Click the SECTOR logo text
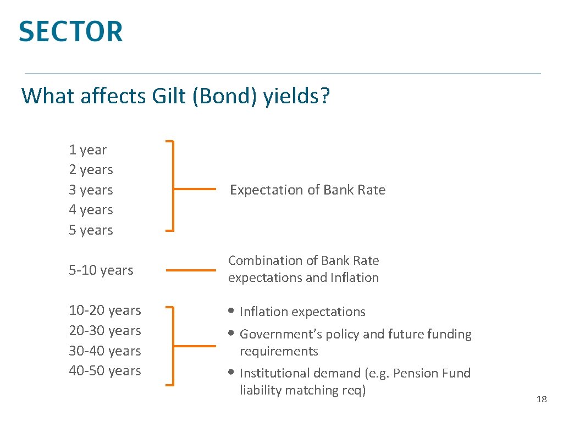(x=70, y=31)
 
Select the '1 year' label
(x=88, y=150)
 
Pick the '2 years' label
(x=91, y=170)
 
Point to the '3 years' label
(x=91, y=190)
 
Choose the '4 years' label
(x=91, y=210)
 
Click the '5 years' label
(x=91, y=230)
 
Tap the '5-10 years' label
(x=101, y=270)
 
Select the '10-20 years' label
(x=105, y=310)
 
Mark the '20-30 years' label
(x=105, y=331)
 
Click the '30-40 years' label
(x=105, y=351)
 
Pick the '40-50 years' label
(x=105, y=371)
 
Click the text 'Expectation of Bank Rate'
(x=307, y=190)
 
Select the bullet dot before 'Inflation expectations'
(x=231, y=312)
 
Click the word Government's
(x=275, y=334)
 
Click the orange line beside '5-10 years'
(x=191, y=270)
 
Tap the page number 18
(x=542, y=399)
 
